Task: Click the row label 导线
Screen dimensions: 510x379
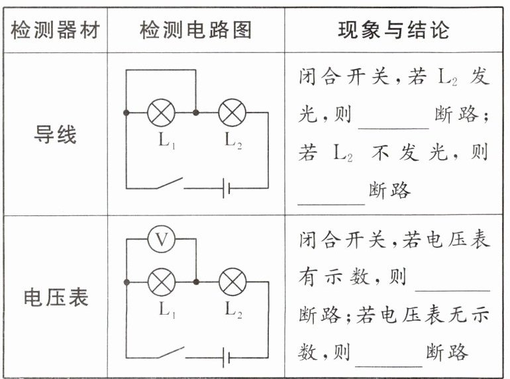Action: point(55,135)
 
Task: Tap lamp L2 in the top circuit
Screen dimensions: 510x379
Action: point(232,113)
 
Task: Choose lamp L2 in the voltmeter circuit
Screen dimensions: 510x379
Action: point(232,282)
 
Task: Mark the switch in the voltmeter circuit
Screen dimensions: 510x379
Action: point(170,353)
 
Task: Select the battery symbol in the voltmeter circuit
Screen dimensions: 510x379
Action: point(227,358)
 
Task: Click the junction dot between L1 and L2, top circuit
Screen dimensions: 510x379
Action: point(196,113)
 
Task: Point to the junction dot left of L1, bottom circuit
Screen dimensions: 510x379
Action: point(126,282)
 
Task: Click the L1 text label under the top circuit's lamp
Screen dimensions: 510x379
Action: point(166,140)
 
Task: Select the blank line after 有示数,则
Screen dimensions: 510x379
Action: point(452,287)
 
